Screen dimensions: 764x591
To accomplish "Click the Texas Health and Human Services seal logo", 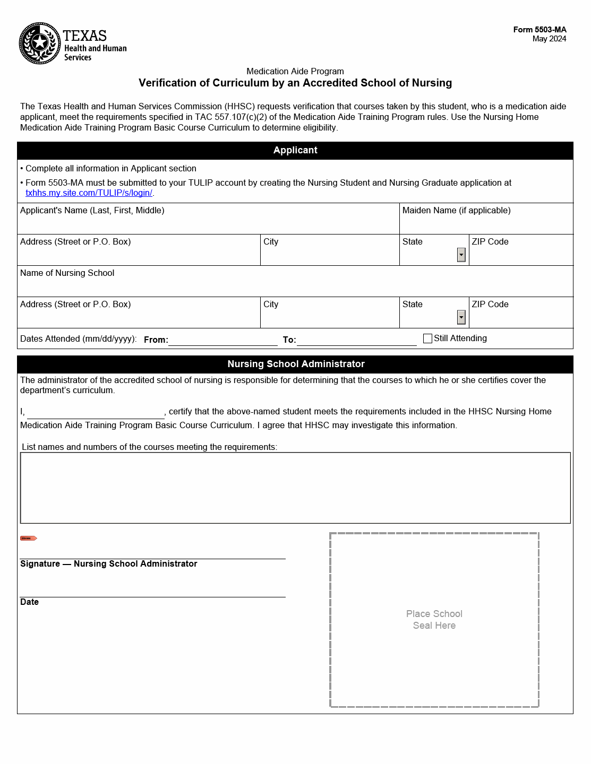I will click(x=40, y=44).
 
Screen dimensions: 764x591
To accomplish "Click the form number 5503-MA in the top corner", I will click(x=539, y=30).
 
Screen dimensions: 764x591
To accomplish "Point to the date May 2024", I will click(x=549, y=39).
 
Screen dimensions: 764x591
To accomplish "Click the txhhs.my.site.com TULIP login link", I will click(x=89, y=193).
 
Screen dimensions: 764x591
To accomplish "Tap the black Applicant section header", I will click(x=295, y=151).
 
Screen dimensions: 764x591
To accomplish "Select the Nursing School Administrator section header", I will click(x=295, y=364).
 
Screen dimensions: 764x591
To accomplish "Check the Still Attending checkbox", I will click(x=427, y=338).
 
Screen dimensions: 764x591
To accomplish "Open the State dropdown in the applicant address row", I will click(x=461, y=255).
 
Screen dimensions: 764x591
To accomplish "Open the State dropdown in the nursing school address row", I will click(x=461, y=318).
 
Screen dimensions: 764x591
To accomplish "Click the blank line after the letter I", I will click(x=96, y=413).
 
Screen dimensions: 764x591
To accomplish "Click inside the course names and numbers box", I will click(x=295, y=488).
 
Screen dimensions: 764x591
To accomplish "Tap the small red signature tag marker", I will click(x=28, y=539).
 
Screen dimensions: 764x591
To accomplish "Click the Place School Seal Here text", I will click(x=434, y=620).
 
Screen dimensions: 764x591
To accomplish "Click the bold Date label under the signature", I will click(x=30, y=602).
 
